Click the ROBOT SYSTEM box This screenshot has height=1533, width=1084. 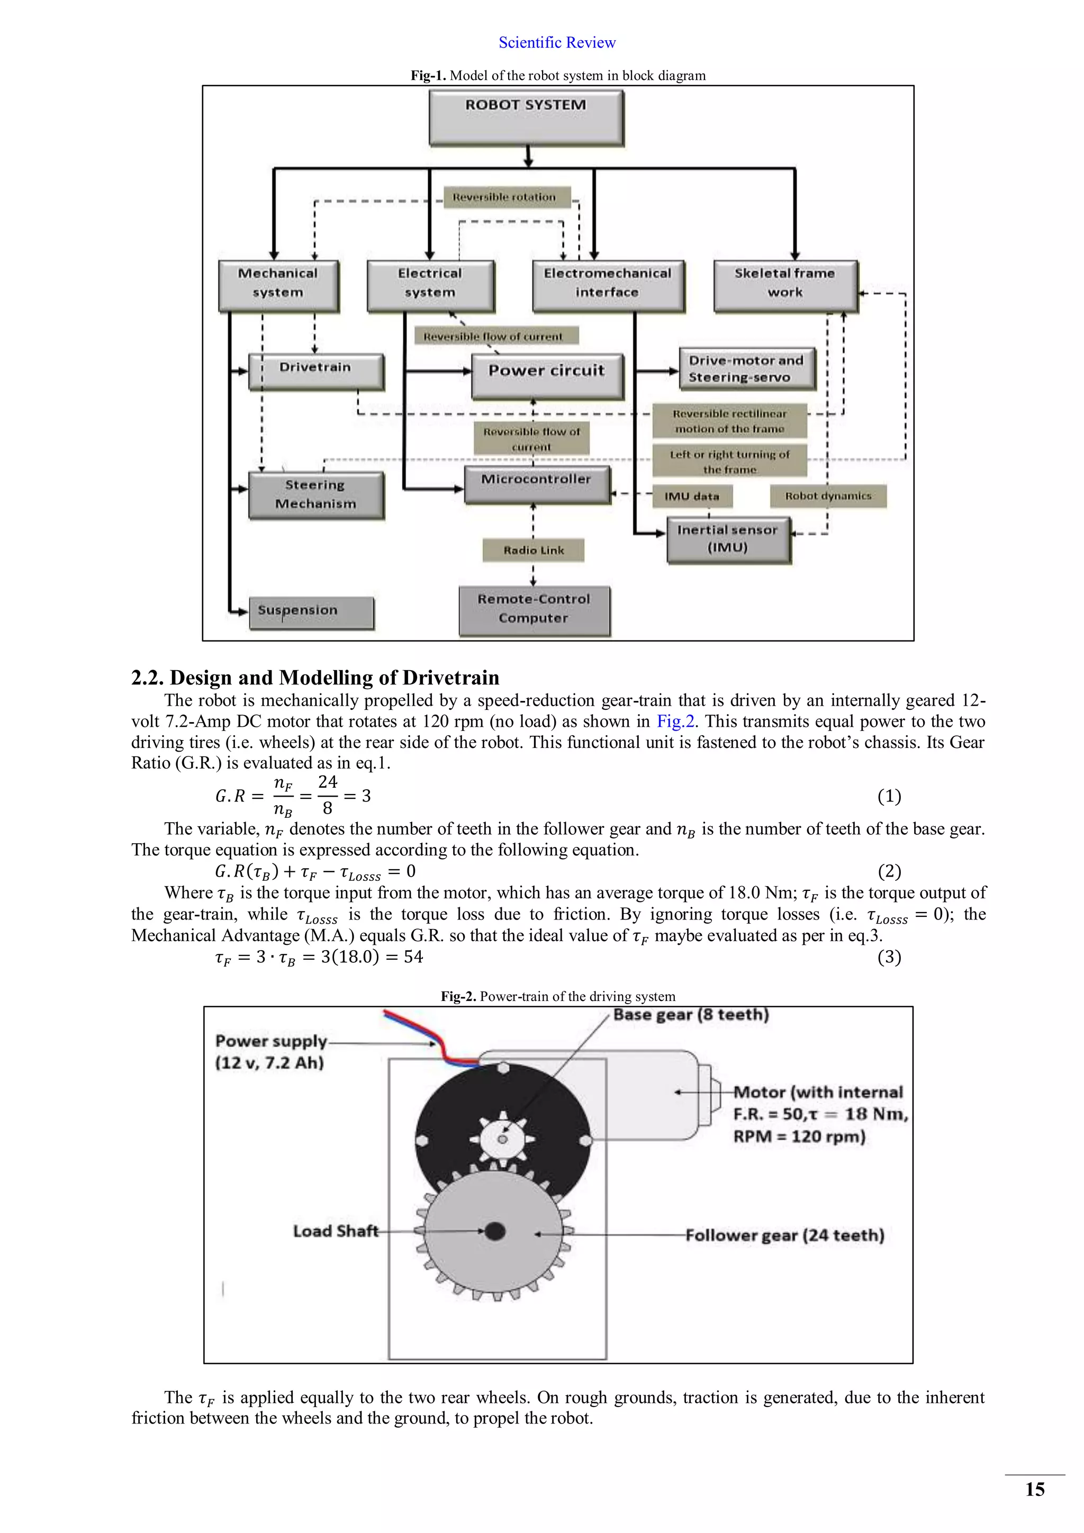coord(526,118)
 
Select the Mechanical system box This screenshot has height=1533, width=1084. coord(278,285)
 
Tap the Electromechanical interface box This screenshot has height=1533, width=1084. coord(608,285)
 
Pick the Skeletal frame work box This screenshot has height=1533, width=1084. coord(785,285)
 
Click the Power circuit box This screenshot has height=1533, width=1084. coord(547,375)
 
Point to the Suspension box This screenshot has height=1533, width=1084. coord(311,611)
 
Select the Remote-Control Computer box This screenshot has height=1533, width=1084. coord(534,610)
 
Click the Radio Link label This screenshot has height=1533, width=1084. coord(534,550)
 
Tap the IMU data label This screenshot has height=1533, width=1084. coord(692,496)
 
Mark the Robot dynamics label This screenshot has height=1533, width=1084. coord(828,496)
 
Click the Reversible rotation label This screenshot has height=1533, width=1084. coord(504,197)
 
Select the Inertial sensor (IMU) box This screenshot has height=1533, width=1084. coord(728,539)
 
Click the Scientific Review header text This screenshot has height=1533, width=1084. coord(557,43)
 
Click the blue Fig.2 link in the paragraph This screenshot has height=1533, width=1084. coord(675,721)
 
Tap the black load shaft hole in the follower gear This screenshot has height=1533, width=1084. coord(494,1231)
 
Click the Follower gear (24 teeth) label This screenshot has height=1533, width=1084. coord(784,1235)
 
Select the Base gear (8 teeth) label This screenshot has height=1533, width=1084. coord(691,1015)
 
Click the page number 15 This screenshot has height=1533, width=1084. coord(1035,1489)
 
